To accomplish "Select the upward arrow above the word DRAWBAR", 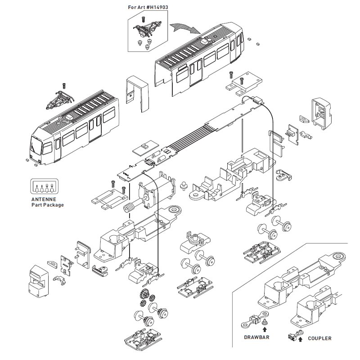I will pos(257,329).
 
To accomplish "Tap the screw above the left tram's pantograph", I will pos(63,84).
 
